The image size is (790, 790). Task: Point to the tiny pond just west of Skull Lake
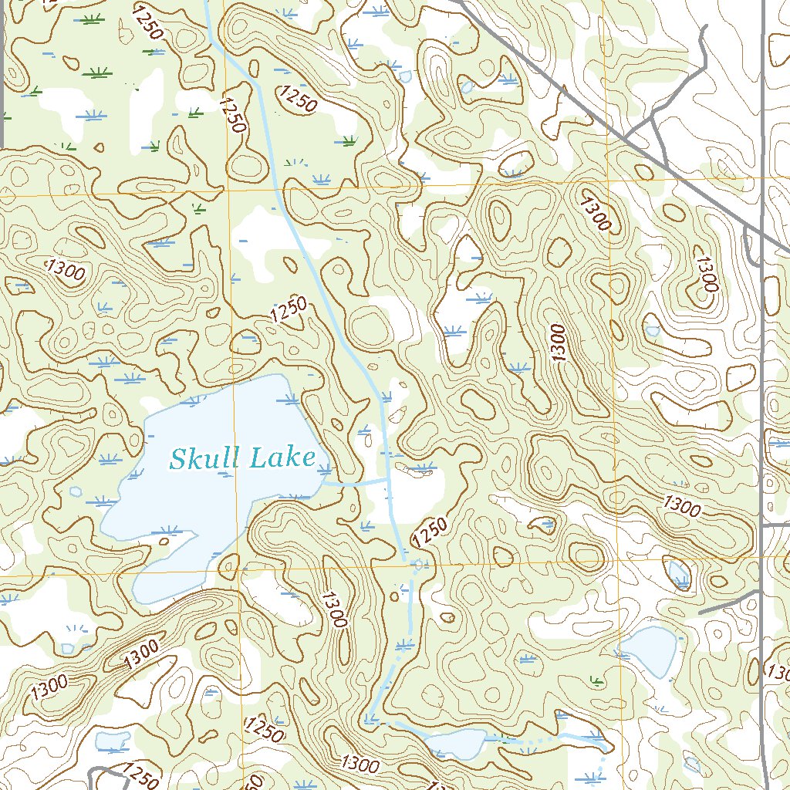tap(76, 491)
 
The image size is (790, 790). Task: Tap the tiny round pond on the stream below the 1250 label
tap(419, 564)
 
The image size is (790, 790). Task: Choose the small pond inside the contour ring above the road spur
tap(679, 574)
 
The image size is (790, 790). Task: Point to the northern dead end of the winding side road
tap(704, 29)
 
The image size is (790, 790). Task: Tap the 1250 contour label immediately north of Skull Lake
tap(289, 309)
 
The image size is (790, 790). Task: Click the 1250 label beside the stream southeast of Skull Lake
tap(429, 532)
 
